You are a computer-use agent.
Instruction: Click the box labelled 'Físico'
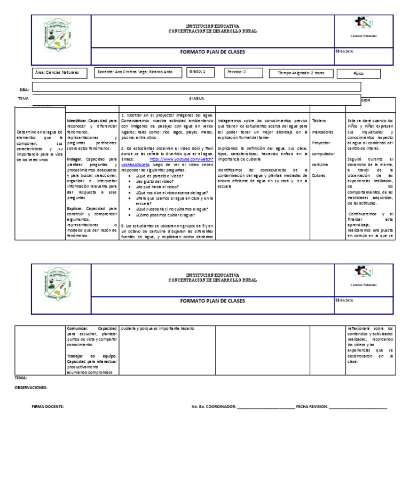358,73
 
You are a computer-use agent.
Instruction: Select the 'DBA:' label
23,90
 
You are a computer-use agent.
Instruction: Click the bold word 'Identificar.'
77,121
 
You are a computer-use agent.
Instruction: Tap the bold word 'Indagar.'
75,159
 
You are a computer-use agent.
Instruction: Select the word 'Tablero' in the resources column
319,121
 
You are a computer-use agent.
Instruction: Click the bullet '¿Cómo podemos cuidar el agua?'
166,215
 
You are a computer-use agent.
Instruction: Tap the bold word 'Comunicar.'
79,328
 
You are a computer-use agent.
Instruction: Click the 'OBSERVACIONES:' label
31,387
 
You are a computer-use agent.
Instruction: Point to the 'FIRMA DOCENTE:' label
48,407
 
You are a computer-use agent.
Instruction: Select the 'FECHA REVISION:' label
312,407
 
